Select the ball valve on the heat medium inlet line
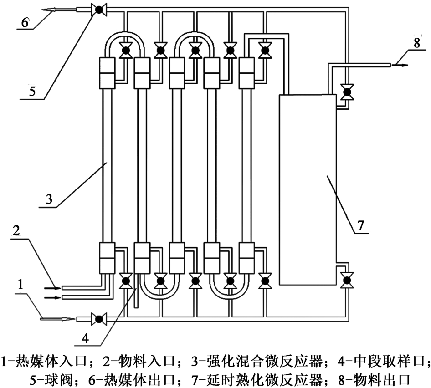(x=98, y=318)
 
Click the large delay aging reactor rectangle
(x=308, y=189)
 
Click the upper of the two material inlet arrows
(x=51, y=288)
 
